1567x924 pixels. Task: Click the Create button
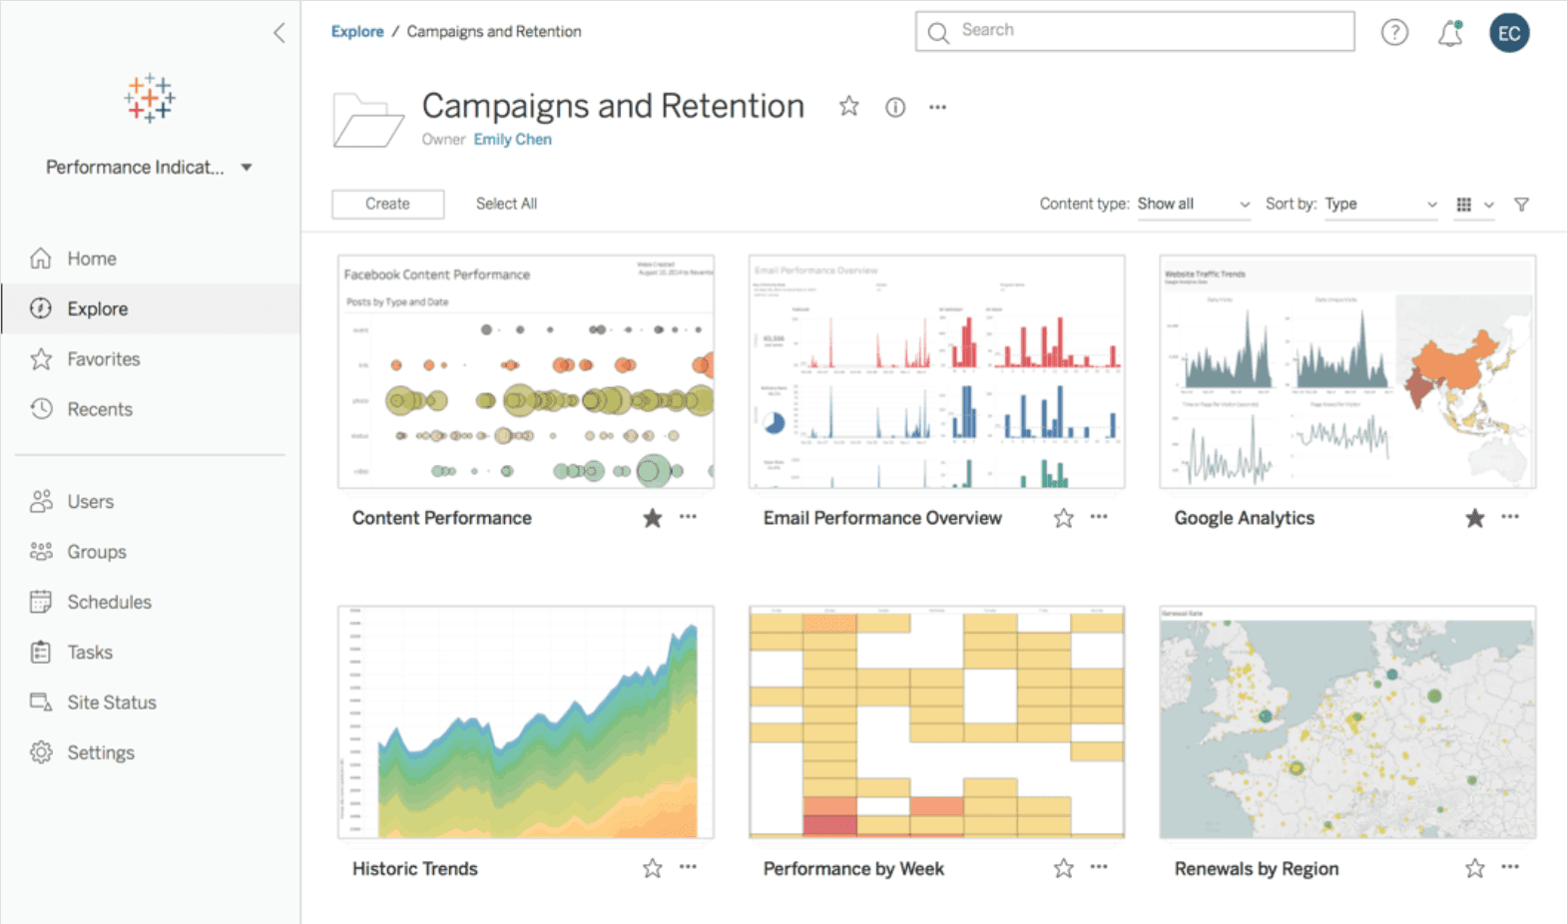387,204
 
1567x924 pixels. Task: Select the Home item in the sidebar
91,258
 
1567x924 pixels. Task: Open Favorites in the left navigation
103,359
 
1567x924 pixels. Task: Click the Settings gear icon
41,752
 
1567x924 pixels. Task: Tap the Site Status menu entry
111,702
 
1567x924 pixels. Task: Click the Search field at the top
1135,31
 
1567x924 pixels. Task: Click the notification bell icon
1450,33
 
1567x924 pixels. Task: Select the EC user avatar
1509,33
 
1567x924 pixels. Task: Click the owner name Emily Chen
512,140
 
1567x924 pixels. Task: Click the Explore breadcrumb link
357,32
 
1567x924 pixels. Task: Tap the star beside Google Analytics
1474,518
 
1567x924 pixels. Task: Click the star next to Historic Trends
652,869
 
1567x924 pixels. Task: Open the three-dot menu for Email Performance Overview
1099,517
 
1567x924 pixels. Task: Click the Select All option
506,204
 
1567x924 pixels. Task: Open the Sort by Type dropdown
1380,205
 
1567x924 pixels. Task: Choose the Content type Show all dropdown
1194,205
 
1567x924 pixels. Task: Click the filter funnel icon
1521,205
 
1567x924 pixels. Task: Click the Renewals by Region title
1256,869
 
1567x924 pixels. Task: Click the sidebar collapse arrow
279,33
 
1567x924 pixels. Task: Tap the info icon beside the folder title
895,108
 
